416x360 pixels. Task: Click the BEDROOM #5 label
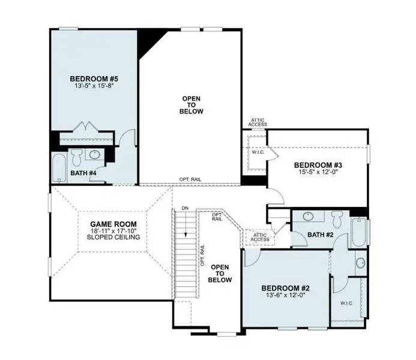(93, 79)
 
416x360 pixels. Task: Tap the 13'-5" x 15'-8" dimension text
(93, 86)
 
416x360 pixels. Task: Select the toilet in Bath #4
(76, 157)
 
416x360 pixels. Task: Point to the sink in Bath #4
(94, 155)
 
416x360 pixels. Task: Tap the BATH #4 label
(83, 173)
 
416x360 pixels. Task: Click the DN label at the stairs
(185, 208)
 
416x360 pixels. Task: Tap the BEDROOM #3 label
(318, 165)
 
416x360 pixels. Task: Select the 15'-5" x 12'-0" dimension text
(318, 173)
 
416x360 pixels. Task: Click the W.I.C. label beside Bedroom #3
(258, 152)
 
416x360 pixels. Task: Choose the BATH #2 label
(320, 235)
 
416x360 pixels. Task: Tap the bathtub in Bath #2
(359, 230)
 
